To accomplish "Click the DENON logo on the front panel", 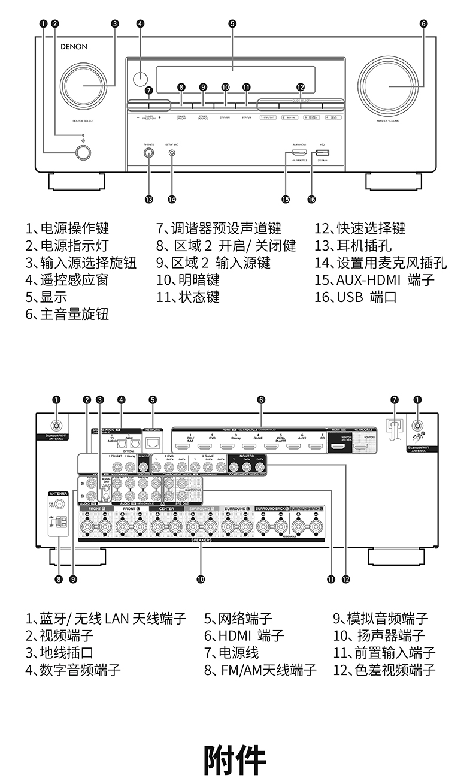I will pos(74,46).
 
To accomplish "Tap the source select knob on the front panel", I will pos(83,86).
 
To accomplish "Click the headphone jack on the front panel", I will pos(148,152).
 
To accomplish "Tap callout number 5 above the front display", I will pos(232,24).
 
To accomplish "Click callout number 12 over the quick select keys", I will pos(301,87).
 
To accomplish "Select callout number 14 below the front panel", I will pos(172,199).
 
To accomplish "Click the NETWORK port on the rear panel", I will pos(153,442).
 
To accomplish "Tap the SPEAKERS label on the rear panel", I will pos(201,539).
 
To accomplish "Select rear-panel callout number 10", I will pos(201,579).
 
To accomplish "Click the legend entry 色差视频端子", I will pos(384,670).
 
